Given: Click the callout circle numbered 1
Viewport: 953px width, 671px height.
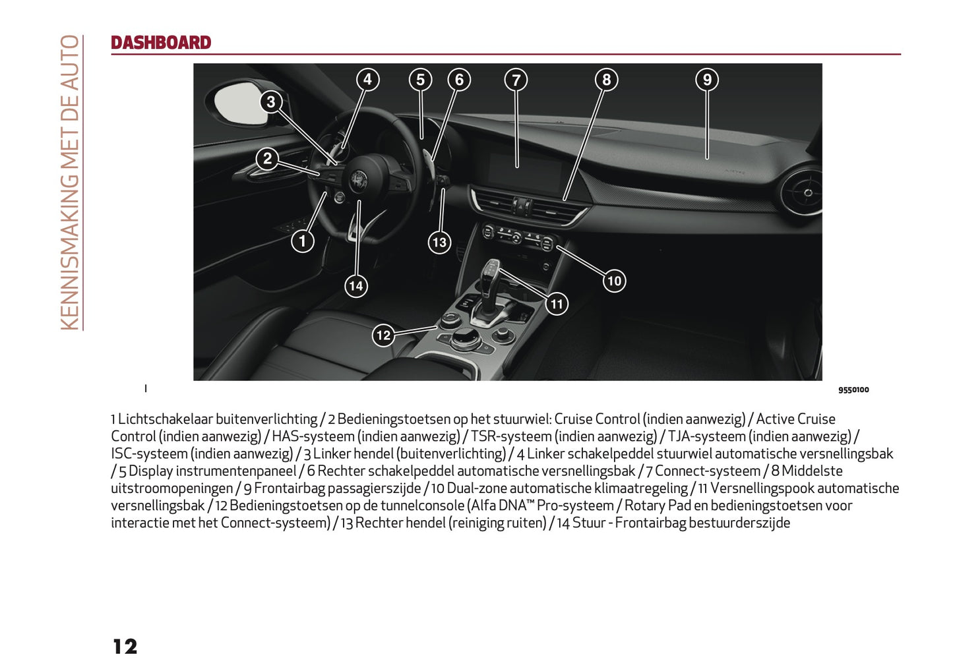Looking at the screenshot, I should pyautogui.click(x=303, y=241).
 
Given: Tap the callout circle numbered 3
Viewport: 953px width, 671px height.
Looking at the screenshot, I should pyautogui.click(x=270, y=102).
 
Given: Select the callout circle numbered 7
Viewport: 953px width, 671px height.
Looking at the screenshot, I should pyautogui.click(x=516, y=80).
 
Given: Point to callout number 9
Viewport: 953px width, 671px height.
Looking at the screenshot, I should pyautogui.click(x=707, y=80).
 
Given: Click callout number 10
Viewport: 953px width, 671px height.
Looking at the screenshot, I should pyautogui.click(x=614, y=281).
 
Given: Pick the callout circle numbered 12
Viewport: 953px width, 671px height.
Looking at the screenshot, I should pyautogui.click(x=383, y=335).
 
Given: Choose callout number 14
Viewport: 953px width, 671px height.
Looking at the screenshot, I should pyautogui.click(x=356, y=286).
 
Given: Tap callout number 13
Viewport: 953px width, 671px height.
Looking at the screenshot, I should pyautogui.click(x=439, y=242).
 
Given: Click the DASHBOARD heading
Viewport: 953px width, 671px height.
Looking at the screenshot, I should pyautogui.click(x=161, y=43).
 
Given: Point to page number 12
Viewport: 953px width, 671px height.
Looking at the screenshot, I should pyautogui.click(x=125, y=647).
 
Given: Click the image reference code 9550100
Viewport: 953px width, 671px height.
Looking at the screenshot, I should pyautogui.click(x=853, y=390).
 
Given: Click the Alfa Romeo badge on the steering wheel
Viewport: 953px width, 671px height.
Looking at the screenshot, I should pyautogui.click(x=358, y=179).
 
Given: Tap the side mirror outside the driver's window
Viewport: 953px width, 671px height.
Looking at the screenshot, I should pyautogui.click(x=236, y=103).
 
